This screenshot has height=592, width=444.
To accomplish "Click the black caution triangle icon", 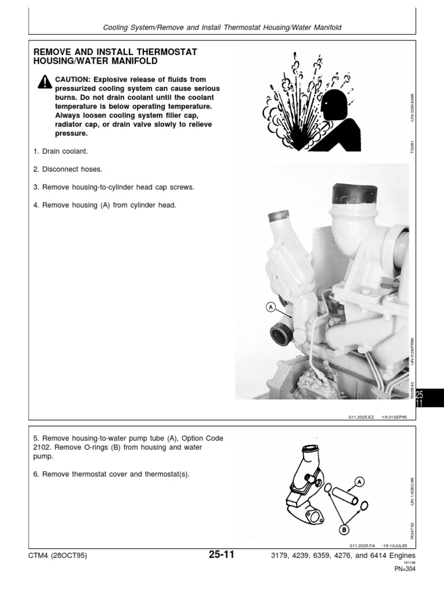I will [45, 83].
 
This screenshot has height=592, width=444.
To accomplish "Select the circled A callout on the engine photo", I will [270, 308].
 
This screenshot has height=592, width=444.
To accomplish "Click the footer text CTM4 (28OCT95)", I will [57, 556].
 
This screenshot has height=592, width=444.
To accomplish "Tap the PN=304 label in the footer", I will [405, 569].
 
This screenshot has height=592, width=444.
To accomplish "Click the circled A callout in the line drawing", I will [359, 481].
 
